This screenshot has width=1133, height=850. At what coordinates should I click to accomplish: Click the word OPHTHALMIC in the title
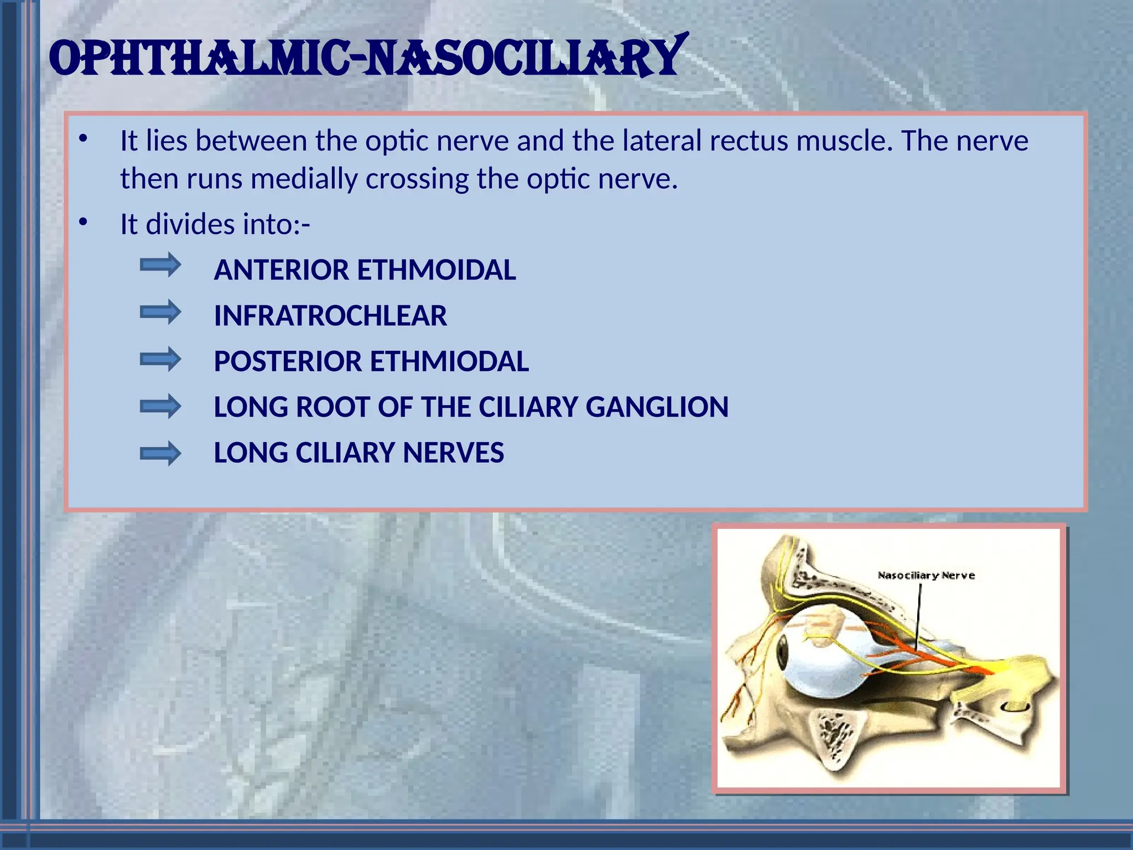click(199, 58)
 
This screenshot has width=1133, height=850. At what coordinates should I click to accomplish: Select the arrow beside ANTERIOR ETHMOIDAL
click(160, 265)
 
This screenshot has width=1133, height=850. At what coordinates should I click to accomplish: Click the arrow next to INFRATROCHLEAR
click(160, 312)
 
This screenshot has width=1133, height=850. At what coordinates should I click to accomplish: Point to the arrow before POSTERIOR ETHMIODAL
click(160, 359)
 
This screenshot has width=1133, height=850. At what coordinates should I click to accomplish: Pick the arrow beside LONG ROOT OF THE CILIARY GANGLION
click(160, 407)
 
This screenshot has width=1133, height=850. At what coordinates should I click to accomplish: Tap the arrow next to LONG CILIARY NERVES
click(160, 454)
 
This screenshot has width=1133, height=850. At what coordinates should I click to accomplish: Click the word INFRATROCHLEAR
click(330, 316)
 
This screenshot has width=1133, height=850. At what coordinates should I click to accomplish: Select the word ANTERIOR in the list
click(282, 270)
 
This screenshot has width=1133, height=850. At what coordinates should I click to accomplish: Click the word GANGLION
click(657, 407)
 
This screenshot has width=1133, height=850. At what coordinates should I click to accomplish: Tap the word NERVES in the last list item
click(453, 453)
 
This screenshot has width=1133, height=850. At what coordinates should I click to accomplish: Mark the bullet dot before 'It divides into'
click(83, 222)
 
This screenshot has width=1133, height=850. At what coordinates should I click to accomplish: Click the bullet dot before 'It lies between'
click(83, 139)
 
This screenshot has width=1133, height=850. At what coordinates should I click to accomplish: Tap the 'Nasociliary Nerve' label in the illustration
click(926, 576)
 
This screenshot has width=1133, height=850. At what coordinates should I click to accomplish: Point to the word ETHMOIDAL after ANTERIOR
click(436, 270)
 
